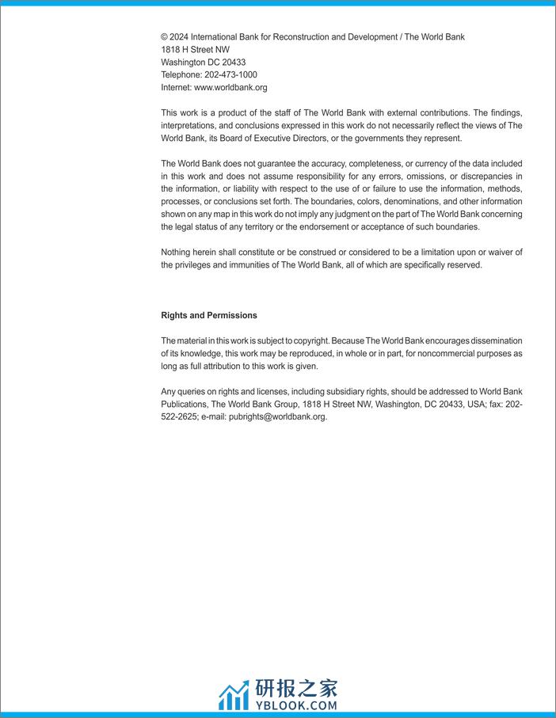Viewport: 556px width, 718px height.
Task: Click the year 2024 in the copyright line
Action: [x=180, y=37]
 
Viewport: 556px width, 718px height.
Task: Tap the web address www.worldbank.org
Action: [x=230, y=88]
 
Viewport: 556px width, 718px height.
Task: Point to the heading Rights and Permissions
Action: [x=209, y=315]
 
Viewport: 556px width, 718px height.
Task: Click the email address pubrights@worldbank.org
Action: [x=278, y=416]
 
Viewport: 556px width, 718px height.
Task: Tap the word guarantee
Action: [x=276, y=164]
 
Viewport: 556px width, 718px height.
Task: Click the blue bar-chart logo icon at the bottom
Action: [x=234, y=696]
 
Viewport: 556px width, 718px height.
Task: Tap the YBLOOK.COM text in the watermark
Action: [x=296, y=704]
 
